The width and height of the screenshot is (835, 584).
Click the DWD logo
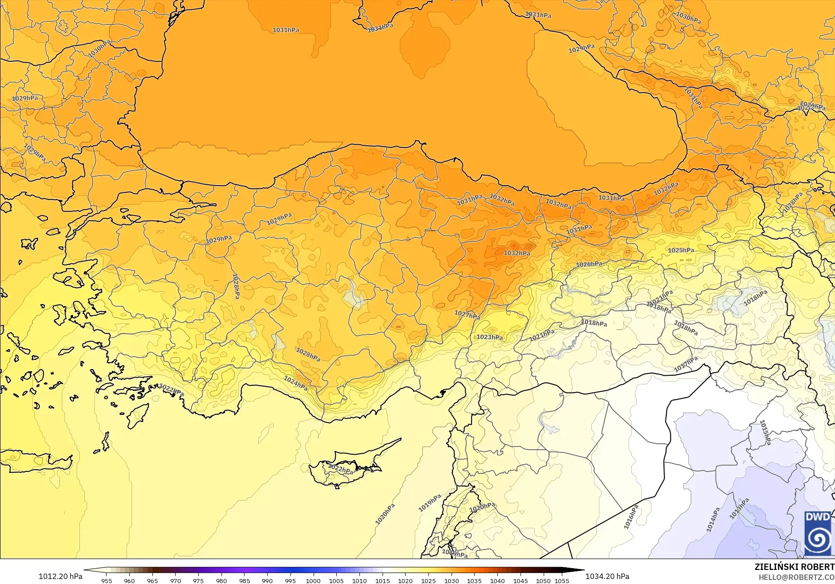click(x=818, y=533)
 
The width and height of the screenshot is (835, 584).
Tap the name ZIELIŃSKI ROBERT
click(x=794, y=567)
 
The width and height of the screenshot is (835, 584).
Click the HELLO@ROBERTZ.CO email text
click(x=796, y=577)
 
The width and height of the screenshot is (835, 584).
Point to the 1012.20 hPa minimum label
click(x=60, y=576)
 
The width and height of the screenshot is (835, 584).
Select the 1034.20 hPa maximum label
click(x=607, y=576)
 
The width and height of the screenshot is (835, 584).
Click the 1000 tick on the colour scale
click(x=313, y=581)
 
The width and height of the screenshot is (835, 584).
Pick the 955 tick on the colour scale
click(x=106, y=581)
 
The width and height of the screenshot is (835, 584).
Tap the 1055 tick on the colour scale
click(x=562, y=581)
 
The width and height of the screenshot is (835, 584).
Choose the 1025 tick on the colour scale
click(x=428, y=581)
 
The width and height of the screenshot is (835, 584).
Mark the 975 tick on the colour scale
click(x=198, y=581)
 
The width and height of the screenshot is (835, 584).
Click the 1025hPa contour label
click(x=681, y=250)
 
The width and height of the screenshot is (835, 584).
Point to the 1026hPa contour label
click(x=589, y=264)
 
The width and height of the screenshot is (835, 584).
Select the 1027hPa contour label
click(x=467, y=315)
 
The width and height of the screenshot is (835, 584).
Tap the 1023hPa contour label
click(x=490, y=337)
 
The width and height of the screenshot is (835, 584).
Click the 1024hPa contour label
click(x=295, y=384)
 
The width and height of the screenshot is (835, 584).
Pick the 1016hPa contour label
click(x=631, y=517)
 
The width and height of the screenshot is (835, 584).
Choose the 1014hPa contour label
click(x=713, y=520)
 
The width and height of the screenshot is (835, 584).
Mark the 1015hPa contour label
click(x=765, y=432)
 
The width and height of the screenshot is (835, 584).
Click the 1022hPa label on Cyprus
click(x=340, y=469)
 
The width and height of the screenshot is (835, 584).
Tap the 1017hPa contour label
click(x=686, y=364)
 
